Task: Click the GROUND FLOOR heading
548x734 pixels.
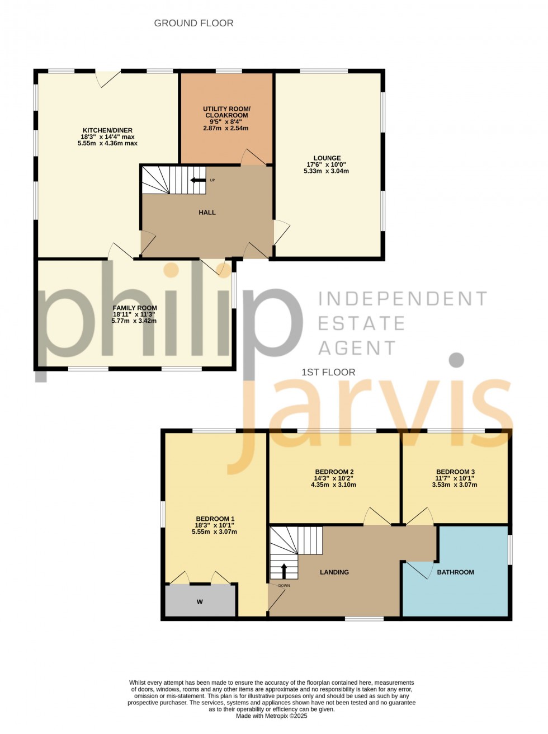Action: click(x=193, y=23)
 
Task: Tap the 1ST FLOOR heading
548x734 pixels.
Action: click(x=328, y=372)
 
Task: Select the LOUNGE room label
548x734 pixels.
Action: click(x=327, y=158)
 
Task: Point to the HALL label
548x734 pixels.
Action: click(x=207, y=213)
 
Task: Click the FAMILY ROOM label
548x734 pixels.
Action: click(x=135, y=308)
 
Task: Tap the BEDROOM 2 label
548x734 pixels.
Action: click(x=334, y=472)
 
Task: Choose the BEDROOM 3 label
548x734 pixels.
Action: click(x=455, y=472)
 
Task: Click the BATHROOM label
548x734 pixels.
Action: click(x=455, y=572)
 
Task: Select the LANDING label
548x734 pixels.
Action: click(x=334, y=572)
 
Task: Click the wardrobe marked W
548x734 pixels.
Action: click(x=200, y=602)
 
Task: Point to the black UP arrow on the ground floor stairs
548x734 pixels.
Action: click(x=197, y=180)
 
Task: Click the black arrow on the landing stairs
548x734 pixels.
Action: click(x=284, y=571)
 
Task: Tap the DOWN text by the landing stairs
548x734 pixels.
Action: click(x=284, y=586)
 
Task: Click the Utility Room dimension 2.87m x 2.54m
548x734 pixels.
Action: click(x=226, y=128)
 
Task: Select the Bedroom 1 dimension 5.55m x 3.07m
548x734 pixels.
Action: click(x=214, y=531)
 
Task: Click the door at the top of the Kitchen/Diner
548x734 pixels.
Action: click(x=108, y=78)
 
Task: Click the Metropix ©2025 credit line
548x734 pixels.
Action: click(x=272, y=716)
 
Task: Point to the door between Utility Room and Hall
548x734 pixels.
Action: click(x=253, y=158)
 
